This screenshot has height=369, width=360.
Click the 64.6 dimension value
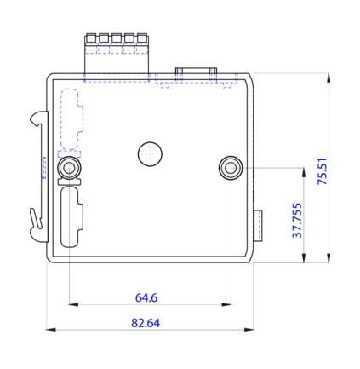[x=146, y=297]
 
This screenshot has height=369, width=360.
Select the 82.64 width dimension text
[x=146, y=323]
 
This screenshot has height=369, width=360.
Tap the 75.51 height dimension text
[x=322, y=171]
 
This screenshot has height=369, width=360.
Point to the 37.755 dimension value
[x=297, y=220]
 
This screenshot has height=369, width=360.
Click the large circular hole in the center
[x=150, y=153]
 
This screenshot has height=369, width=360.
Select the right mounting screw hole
[x=230, y=167]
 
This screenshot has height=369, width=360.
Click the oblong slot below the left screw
[x=71, y=217]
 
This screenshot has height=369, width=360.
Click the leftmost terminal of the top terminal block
[x=91, y=38]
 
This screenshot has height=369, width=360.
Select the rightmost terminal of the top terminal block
[x=141, y=38]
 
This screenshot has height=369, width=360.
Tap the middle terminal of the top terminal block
[x=117, y=38]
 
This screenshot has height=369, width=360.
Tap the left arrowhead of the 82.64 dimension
[x=49, y=329]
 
